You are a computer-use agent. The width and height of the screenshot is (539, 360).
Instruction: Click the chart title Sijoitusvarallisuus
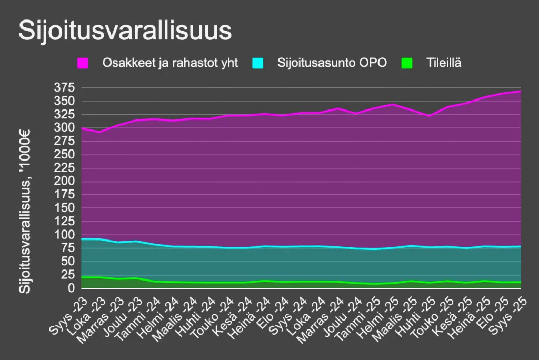(125, 31)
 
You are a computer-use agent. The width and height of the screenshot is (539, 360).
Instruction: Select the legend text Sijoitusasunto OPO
(332, 63)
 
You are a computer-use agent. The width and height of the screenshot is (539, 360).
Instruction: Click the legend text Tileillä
(444, 63)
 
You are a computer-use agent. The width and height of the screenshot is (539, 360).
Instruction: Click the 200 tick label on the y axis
(64, 182)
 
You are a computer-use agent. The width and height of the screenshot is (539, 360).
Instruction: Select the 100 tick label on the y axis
(64, 235)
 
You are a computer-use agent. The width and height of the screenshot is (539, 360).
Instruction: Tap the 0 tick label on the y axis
(71, 289)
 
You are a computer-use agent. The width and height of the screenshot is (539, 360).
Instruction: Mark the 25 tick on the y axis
(67, 275)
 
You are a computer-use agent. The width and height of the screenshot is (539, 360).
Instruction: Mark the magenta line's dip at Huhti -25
(429, 115)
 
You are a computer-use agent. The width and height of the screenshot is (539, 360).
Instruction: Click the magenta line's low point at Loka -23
(99, 132)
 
